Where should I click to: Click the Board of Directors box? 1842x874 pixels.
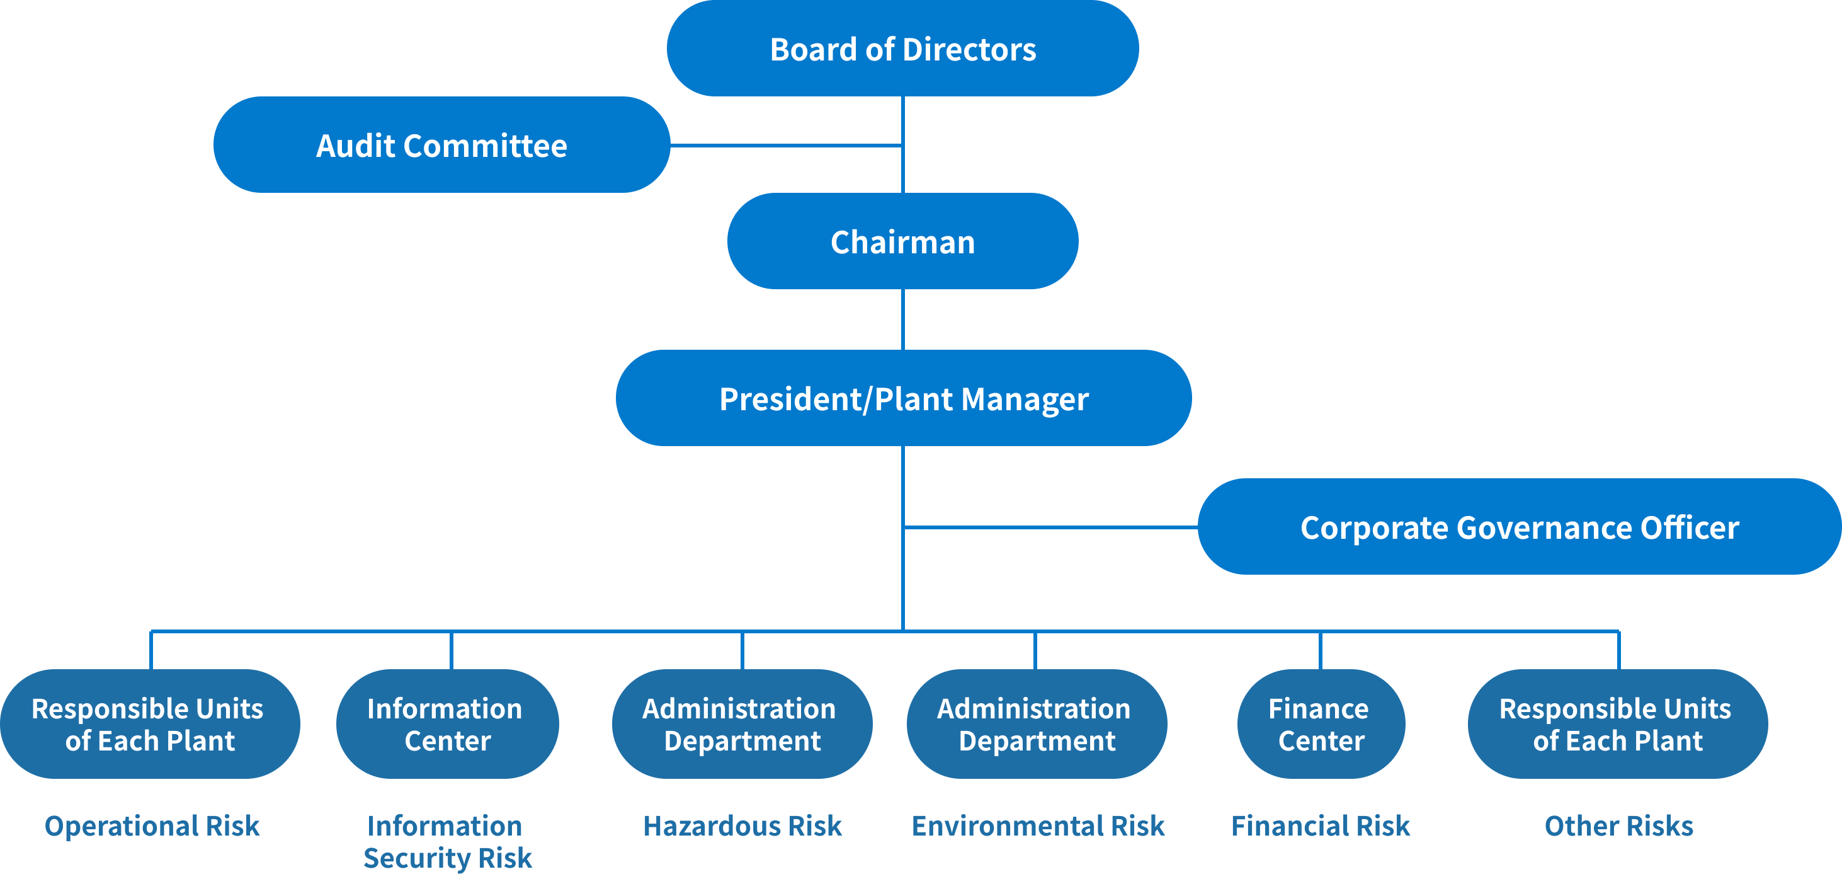(902, 49)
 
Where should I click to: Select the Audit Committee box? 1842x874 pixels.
(441, 145)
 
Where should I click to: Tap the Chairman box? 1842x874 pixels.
(902, 242)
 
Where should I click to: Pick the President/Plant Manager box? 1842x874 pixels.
(903, 398)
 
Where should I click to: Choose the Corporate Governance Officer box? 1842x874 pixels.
(1519, 527)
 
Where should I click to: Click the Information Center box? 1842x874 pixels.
(447, 724)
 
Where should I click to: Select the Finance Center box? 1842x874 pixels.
(1320, 724)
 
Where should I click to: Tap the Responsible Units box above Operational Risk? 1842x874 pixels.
(149, 724)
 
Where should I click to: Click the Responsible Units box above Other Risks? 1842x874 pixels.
(1617, 724)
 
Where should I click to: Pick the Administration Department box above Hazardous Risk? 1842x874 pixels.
(741, 724)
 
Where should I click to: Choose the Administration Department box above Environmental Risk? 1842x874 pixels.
(1036, 724)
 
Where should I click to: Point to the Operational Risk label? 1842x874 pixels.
(152, 825)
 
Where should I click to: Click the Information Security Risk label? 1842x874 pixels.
(447, 841)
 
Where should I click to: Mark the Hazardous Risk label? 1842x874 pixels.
(742, 825)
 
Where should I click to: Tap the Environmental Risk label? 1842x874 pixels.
(1038, 825)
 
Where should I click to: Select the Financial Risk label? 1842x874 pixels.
(1320, 825)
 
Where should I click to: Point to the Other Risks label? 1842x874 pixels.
(1618, 825)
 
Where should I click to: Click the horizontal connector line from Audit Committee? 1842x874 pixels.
(787, 145)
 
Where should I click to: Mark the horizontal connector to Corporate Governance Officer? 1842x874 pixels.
(1051, 527)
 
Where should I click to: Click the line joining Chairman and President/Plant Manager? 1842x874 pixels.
(904, 319)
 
